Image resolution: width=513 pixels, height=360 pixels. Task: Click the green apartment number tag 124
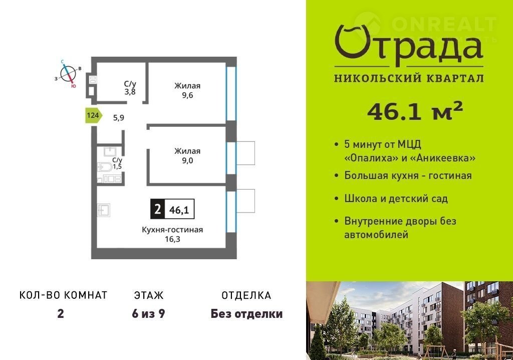(x=94, y=115)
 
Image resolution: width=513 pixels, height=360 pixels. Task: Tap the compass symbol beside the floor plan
(x=68, y=73)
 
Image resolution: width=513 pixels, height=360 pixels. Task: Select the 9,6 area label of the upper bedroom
(x=187, y=95)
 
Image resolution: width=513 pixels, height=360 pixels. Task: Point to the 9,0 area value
(x=187, y=160)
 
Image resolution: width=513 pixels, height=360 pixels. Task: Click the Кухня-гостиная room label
(x=172, y=230)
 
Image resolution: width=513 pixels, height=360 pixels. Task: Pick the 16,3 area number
(x=172, y=239)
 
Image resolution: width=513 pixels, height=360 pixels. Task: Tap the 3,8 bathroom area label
(x=130, y=92)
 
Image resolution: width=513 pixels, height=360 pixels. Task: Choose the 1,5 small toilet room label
(x=117, y=167)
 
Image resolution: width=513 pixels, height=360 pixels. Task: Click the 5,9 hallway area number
(x=118, y=118)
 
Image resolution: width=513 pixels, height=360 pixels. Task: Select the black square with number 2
(x=158, y=209)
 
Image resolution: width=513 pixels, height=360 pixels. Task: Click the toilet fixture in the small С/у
(x=105, y=167)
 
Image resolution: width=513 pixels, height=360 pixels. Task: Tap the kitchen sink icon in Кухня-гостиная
(x=104, y=210)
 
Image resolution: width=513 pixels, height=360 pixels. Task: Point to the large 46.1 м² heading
(x=415, y=111)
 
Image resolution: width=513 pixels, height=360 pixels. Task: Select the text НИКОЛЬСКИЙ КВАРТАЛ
(x=409, y=78)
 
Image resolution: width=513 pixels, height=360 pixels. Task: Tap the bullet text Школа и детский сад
(x=396, y=199)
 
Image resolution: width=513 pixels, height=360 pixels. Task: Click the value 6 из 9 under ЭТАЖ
(x=148, y=314)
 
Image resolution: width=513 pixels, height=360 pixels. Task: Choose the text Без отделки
(x=246, y=314)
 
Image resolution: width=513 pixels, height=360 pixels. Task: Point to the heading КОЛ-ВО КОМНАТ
(x=64, y=295)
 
